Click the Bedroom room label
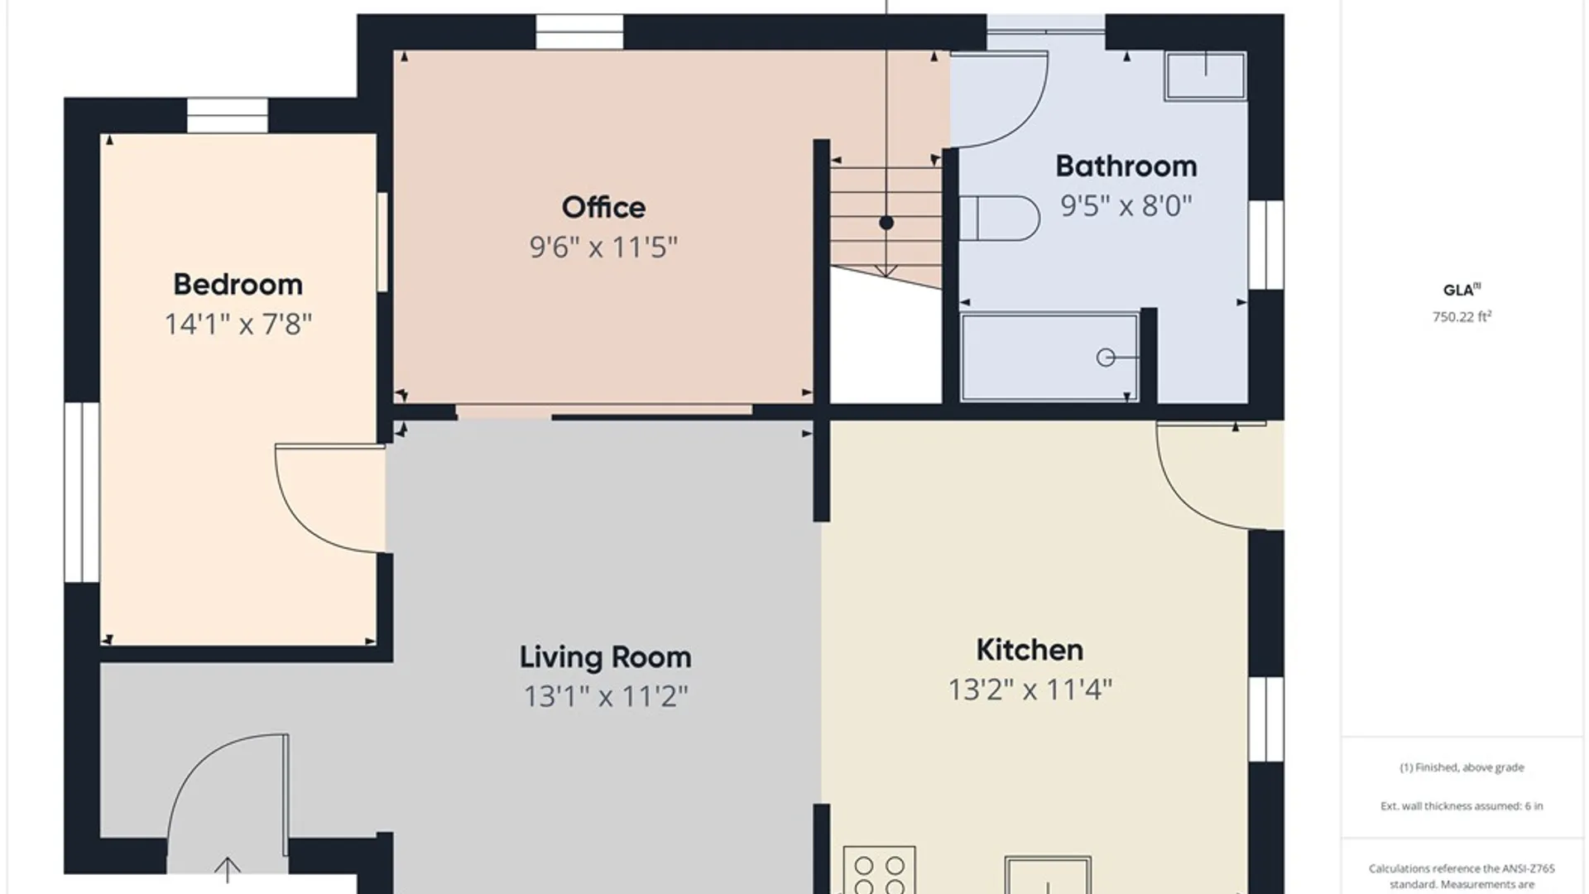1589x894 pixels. click(x=238, y=285)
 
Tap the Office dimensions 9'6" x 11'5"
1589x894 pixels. click(x=603, y=247)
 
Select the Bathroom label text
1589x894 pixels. click(x=1126, y=166)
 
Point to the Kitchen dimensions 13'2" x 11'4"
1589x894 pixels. click(x=1030, y=690)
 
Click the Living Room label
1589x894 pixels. click(x=605, y=657)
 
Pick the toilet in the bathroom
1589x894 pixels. click(x=999, y=218)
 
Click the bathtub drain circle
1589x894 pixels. click(x=1106, y=358)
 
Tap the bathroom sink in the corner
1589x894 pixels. click(x=1205, y=76)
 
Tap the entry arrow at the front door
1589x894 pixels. click(x=227, y=871)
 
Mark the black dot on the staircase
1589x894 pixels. click(x=886, y=223)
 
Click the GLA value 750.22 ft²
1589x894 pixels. click(x=1462, y=316)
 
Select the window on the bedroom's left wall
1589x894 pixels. click(x=82, y=492)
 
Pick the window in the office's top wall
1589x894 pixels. click(x=579, y=32)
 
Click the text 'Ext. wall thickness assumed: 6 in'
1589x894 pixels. click(x=1462, y=805)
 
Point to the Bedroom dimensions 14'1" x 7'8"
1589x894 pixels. click(x=238, y=324)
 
